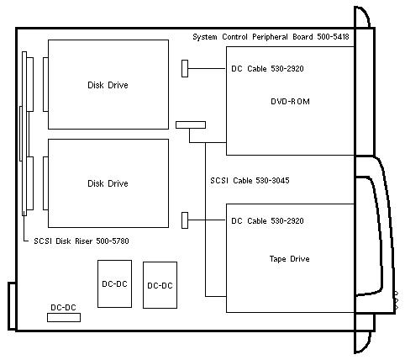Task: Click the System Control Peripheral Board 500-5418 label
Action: [271, 37]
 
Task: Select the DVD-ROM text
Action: [290, 102]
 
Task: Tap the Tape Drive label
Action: [290, 259]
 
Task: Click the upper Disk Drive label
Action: [108, 85]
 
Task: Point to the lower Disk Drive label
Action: [108, 183]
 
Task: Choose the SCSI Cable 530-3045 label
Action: [250, 181]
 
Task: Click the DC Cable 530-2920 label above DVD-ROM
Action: [267, 69]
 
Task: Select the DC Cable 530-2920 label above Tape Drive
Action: [267, 221]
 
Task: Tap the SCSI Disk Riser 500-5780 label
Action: [82, 241]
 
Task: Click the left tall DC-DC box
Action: [114, 283]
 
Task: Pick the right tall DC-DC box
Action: [160, 285]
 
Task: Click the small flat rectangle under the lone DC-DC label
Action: [64, 317]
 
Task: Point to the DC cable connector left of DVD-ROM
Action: [185, 68]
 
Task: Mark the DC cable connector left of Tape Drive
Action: [185, 220]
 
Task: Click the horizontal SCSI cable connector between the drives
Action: [191, 125]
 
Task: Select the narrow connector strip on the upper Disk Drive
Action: [45, 84]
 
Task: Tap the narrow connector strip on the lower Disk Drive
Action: [45, 183]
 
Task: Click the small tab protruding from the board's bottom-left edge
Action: [12, 306]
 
